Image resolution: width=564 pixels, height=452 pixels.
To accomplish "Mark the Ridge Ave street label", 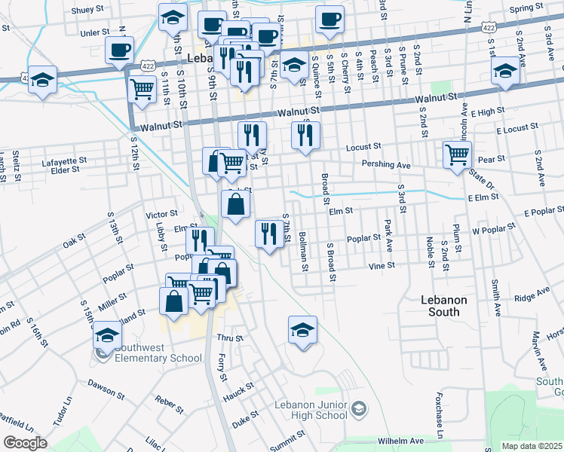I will click(532, 292).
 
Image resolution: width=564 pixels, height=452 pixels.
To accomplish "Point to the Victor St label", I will click(161, 214).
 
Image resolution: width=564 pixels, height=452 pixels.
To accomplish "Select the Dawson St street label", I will click(105, 389).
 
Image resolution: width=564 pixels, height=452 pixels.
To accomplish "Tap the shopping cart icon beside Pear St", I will click(458, 154).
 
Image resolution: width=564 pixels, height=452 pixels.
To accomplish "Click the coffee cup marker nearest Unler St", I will click(120, 50).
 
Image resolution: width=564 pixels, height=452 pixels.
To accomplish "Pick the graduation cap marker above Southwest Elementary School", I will click(107, 334).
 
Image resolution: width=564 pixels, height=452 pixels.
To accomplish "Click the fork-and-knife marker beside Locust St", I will click(306, 135).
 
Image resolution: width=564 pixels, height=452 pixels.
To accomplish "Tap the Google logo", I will click(25, 443).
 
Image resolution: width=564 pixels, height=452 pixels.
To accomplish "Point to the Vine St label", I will click(382, 266).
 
